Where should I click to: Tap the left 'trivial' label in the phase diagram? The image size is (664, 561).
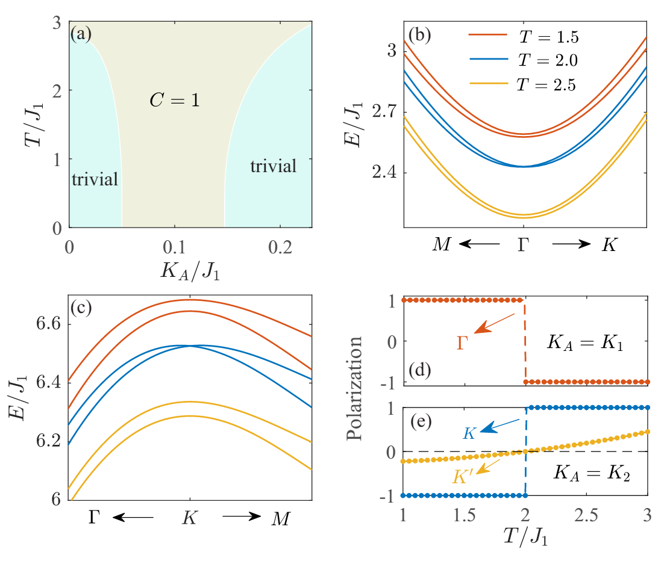pyautogui.click(x=95, y=179)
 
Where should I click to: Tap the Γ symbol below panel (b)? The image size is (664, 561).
pyautogui.click(x=524, y=246)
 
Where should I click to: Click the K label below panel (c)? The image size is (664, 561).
pyautogui.click(x=190, y=519)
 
